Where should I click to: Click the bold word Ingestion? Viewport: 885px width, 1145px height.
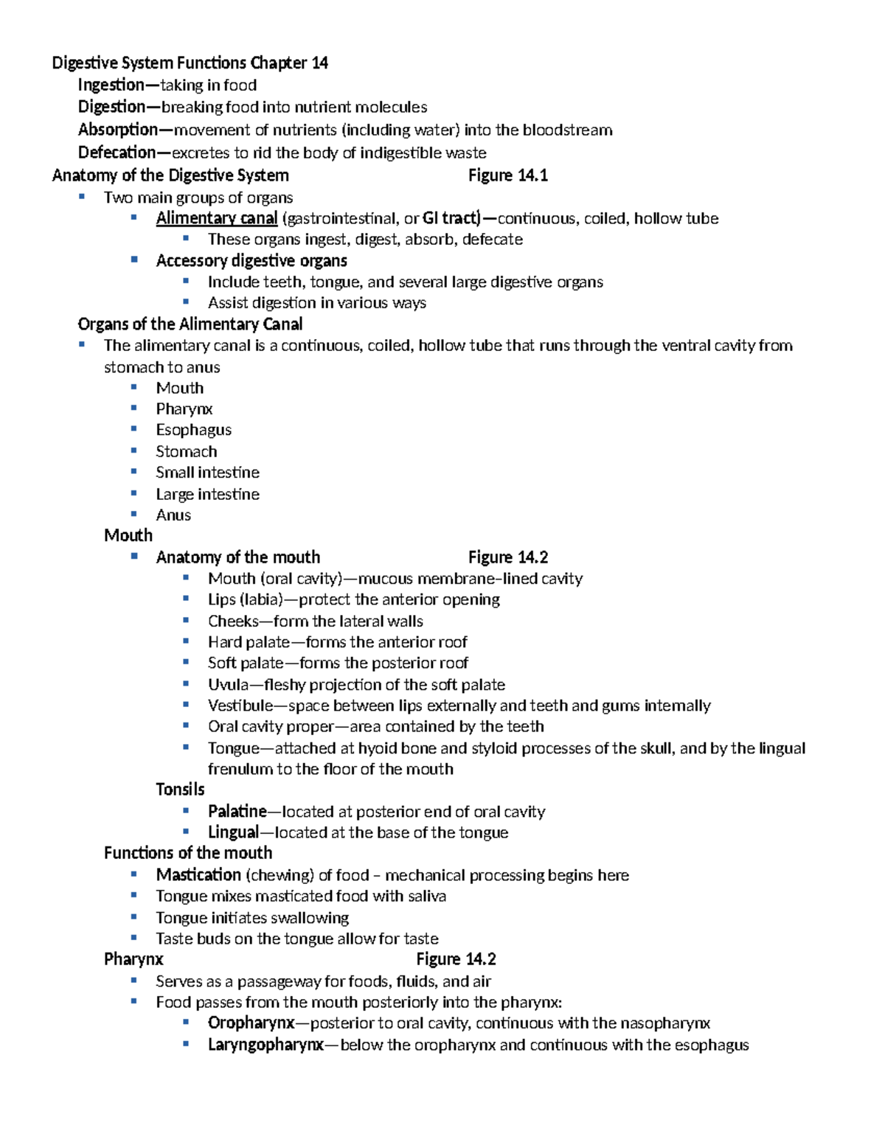[111, 85]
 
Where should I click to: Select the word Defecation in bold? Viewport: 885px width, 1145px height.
[117, 153]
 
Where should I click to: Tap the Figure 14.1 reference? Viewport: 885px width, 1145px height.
[507, 175]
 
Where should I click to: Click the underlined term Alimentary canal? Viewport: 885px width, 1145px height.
[216, 218]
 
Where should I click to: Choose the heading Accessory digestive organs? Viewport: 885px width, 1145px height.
[251, 261]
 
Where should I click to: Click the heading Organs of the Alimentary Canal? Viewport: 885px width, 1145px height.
[190, 324]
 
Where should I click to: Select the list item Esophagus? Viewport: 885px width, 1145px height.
[193, 430]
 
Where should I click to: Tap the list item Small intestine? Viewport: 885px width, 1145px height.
[207, 473]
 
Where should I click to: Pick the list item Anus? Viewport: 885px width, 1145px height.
[173, 515]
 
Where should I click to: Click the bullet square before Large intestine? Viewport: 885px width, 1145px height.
[134, 493]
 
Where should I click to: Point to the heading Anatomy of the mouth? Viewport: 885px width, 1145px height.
[237, 557]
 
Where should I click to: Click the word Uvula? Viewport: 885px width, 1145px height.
[228, 685]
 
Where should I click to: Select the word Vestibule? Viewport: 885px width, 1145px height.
[240, 706]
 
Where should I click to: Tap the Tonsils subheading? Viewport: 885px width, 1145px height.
[180, 790]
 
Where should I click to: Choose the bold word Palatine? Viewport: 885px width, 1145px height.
[237, 812]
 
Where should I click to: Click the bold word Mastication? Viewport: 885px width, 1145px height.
[198, 875]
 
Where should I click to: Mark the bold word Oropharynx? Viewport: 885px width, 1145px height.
[251, 1023]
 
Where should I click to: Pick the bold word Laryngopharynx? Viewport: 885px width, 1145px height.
[265, 1045]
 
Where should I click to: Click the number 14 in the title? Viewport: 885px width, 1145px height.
[319, 63]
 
